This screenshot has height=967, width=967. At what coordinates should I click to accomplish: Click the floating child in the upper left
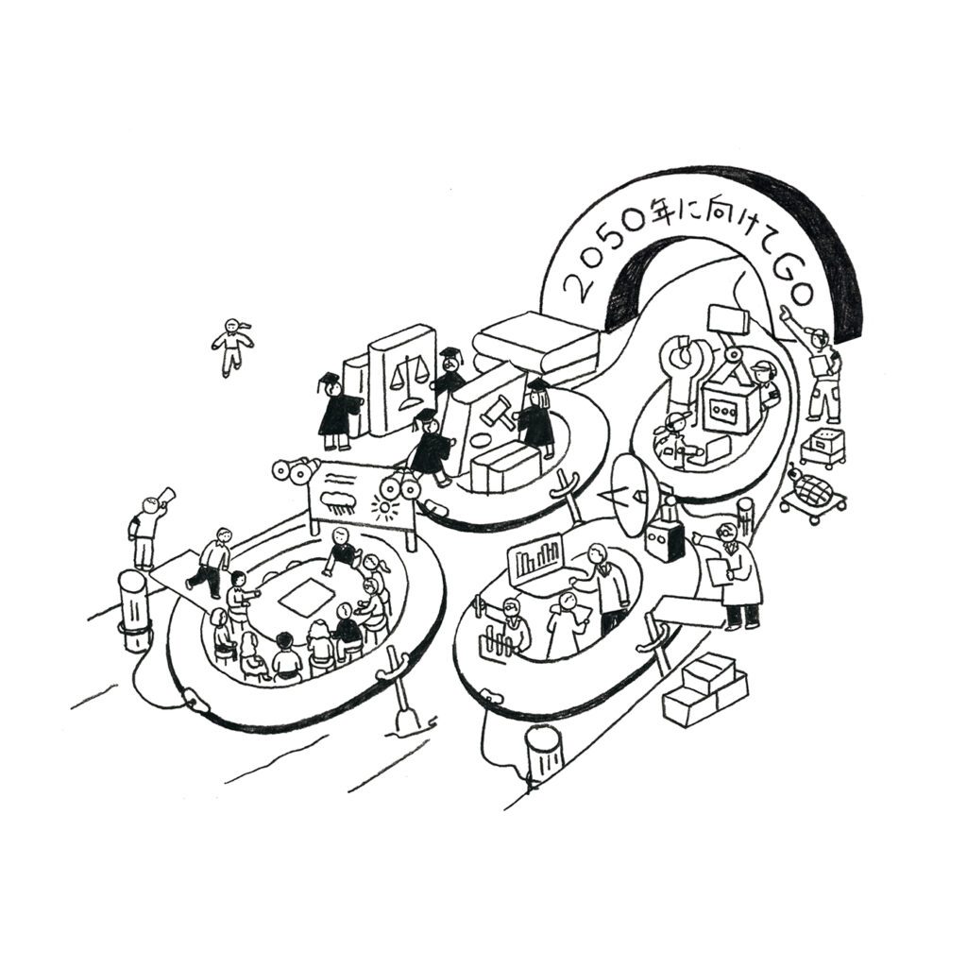pyautogui.click(x=232, y=346)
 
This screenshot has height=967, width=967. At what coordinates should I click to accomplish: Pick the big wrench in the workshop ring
pyautogui.click(x=687, y=364)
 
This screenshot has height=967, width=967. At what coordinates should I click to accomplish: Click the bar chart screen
pyautogui.click(x=536, y=560)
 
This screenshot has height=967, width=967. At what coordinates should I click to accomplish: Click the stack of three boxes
pyautogui.click(x=704, y=688)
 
